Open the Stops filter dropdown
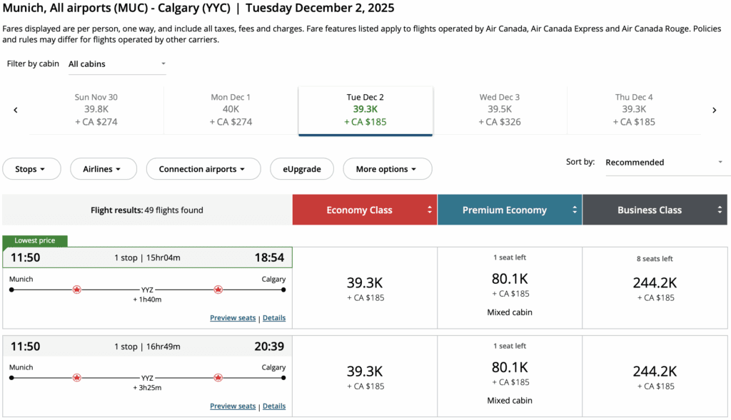tap(29, 169)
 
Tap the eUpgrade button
tap(301, 169)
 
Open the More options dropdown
tap(387, 169)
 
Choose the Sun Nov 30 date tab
tap(96, 109)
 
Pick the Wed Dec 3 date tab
tap(499, 109)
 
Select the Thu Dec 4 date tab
tap(633, 109)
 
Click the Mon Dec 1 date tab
tap(231, 109)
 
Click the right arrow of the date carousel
tap(714, 110)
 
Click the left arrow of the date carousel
tap(16, 110)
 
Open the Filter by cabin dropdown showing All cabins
tap(117, 64)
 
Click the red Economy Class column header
tap(364, 210)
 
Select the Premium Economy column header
tap(509, 210)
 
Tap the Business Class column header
tap(654, 210)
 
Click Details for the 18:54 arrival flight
tap(274, 318)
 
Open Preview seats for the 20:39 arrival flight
tap(233, 406)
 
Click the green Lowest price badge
tap(35, 241)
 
